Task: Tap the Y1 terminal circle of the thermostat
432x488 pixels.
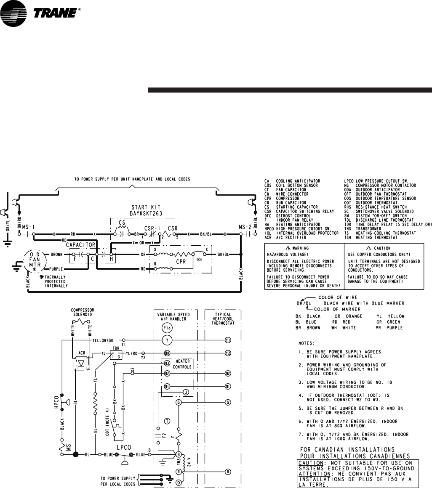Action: coord(228,339)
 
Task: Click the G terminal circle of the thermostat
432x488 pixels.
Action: coord(228,403)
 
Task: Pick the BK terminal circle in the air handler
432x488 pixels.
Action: coord(167,353)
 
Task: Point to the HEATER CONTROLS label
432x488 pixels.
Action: coord(183,364)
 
